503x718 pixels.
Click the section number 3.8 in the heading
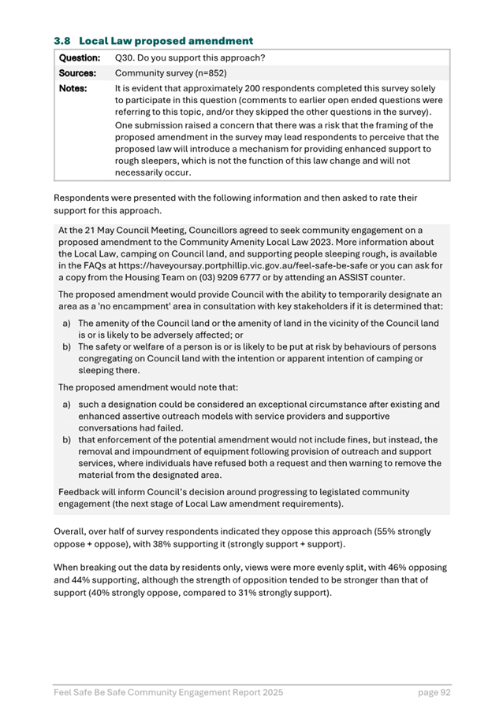tap(61, 40)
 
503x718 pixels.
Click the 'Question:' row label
tap(79, 58)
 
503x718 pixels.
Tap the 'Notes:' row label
tap(72, 88)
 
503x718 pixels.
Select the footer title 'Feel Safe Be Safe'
tap(93, 692)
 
